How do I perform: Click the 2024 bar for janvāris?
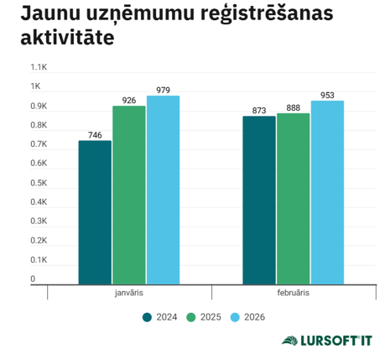tap(95, 212)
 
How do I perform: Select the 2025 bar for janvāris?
tap(129, 195)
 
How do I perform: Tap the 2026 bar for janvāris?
tap(163, 190)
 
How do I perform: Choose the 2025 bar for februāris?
tap(293, 199)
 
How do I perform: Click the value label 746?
tap(95, 134)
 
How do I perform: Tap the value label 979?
tap(163, 90)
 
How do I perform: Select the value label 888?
tap(293, 107)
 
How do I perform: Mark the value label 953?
tap(327, 95)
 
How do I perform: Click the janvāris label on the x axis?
tap(129, 293)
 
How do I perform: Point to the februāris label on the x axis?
tap(293, 293)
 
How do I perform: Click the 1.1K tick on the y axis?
tap(39, 67)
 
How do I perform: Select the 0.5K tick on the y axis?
tap(39, 183)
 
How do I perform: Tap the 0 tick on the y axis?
tap(34, 279)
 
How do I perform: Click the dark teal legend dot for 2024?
tap(147, 316)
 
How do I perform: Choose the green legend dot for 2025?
tap(190, 316)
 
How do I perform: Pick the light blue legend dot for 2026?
tap(235, 316)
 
